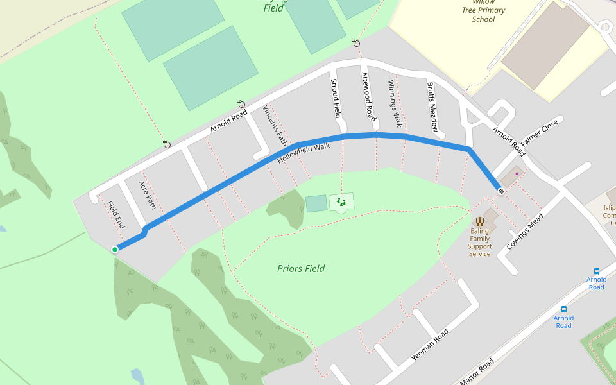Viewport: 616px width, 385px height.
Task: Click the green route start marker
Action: (x=115, y=250)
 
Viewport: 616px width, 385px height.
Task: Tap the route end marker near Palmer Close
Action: (x=500, y=191)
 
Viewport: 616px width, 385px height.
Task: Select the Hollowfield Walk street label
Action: (x=304, y=153)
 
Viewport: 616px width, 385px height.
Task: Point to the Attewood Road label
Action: (x=368, y=97)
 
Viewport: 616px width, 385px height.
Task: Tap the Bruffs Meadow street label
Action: (x=432, y=107)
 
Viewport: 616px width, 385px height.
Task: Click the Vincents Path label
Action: (x=275, y=125)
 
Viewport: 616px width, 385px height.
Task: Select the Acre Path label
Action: (x=148, y=195)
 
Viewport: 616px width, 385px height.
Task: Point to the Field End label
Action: (x=116, y=216)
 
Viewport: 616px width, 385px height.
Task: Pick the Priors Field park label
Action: (x=301, y=268)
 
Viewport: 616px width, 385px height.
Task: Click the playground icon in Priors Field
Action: (x=341, y=203)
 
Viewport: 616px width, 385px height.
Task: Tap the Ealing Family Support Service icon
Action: (x=479, y=221)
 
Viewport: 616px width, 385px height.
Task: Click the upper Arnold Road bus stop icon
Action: (x=597, y=271)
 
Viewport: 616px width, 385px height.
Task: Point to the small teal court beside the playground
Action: (x=316, y=204)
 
